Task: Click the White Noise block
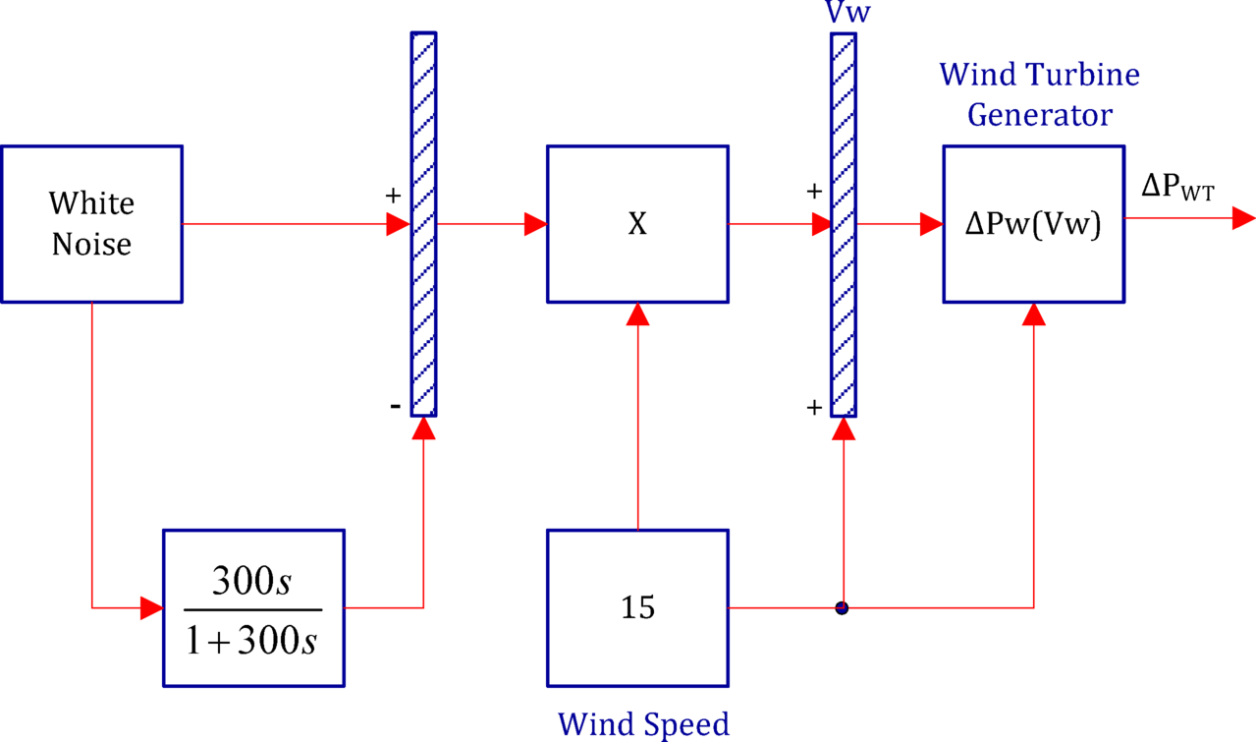tap(91, 224)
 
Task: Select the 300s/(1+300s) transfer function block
tap(253, 607)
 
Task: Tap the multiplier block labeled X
tap(637, 224)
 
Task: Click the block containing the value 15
tap(637, 607)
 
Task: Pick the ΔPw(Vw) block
tap(1033, 224)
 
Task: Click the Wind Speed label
tap(643, 724)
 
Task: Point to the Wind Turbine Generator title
tap(1039, 94)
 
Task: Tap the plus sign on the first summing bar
tap(393, 195)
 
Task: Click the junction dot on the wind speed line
tap(842, 608)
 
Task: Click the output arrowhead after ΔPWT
tap(1243, 218)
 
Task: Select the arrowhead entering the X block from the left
tap(535, 224)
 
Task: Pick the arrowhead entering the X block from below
tap(638, 314)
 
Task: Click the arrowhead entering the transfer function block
tap(151, 608)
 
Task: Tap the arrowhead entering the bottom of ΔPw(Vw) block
tap(1033, 314)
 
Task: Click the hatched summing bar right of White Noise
tap(423, 224)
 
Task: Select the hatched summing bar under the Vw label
tap(843, 224)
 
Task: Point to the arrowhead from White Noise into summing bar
tap(398, 224)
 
